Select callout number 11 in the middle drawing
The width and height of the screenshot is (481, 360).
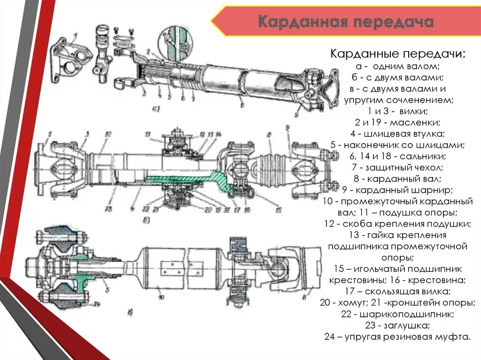coord(147,134)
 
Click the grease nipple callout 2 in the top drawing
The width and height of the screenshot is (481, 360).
coord(147,52)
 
